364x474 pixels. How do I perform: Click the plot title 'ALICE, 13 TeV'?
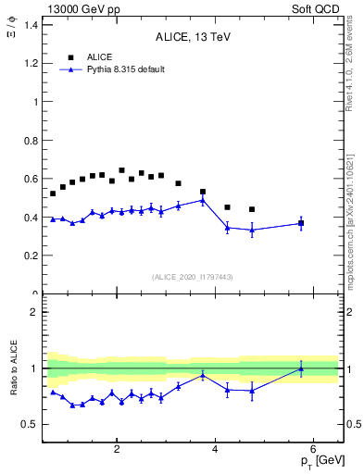click(192, 38)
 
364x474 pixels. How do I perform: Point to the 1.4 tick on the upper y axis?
click(33, 25)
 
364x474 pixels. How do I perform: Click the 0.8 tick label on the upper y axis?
click(33, 140)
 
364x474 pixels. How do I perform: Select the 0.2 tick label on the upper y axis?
click(33, 256)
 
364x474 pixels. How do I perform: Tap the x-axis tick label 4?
click(215, 451)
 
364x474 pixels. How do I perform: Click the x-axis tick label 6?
click(314, 451)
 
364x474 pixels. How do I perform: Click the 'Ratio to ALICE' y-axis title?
click(12, 368)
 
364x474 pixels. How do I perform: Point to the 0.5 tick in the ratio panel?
click(32, 425)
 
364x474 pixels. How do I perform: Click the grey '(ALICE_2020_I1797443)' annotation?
click(192, 277)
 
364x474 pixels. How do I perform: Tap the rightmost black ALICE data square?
click(301, 223)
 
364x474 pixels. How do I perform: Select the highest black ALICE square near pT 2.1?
click(121, 170)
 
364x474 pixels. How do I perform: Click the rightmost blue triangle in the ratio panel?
click(301, 368)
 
